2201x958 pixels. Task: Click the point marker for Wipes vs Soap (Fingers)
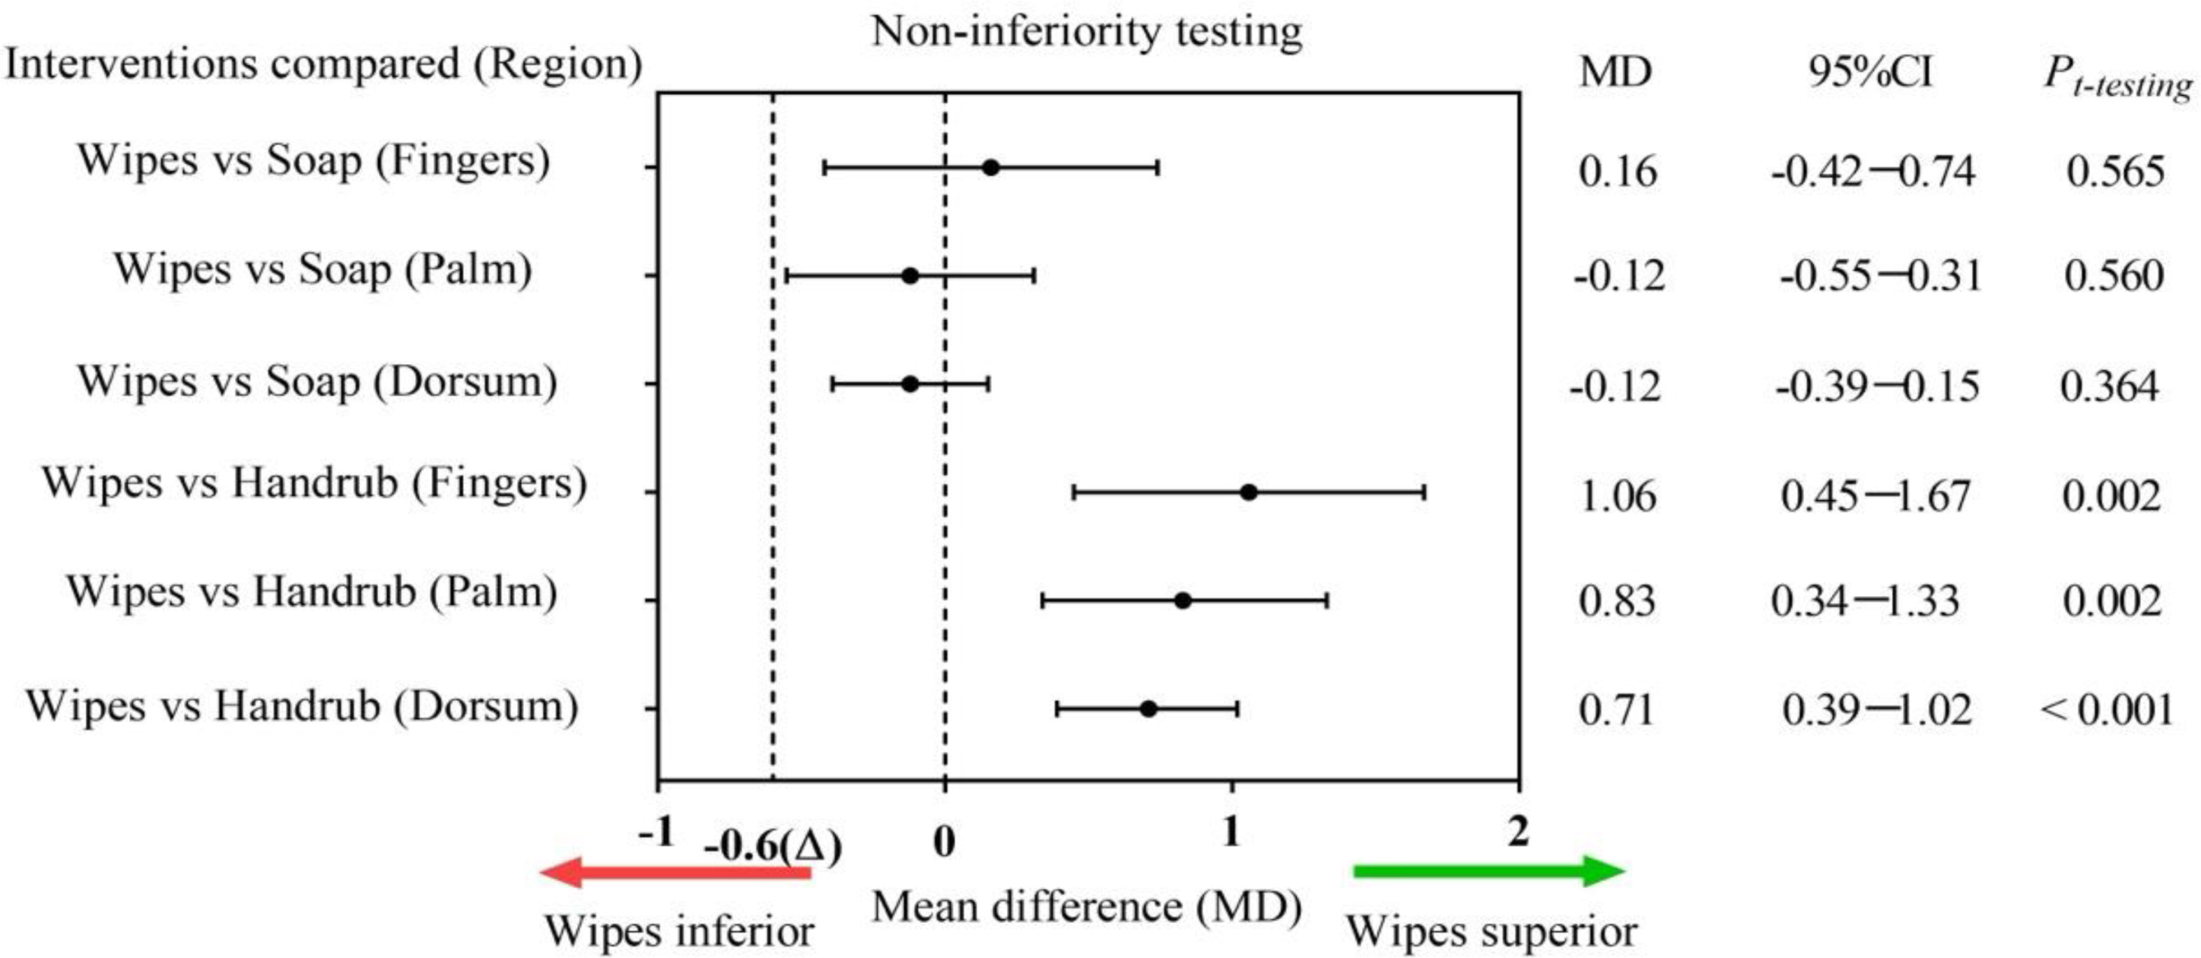click(990, 168)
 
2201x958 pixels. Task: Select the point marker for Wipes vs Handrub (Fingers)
click(1249, 492)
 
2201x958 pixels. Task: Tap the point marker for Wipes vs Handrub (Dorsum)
click(1148, 709)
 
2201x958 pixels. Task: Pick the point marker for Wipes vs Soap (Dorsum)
click(910, 384)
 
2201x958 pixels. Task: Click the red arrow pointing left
click(675, 873)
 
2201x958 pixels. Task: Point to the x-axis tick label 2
click(1518, 832)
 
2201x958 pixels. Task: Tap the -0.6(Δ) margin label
click(772, 846)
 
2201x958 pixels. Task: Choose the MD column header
click(1615, 72)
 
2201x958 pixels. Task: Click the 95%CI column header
click(1870, 72)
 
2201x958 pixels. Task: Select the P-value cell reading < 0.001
click(2107, 709)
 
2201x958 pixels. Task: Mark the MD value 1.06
click(1618, 495)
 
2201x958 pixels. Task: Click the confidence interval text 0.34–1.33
click(1864, 601)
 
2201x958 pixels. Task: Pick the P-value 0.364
click(2109, 386)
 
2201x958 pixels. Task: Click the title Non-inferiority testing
click(1086, 32)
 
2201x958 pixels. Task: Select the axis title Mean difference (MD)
click(1086, 907)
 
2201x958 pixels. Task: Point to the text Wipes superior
click(1491, 931)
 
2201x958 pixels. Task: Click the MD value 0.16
click(1618, 171)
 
